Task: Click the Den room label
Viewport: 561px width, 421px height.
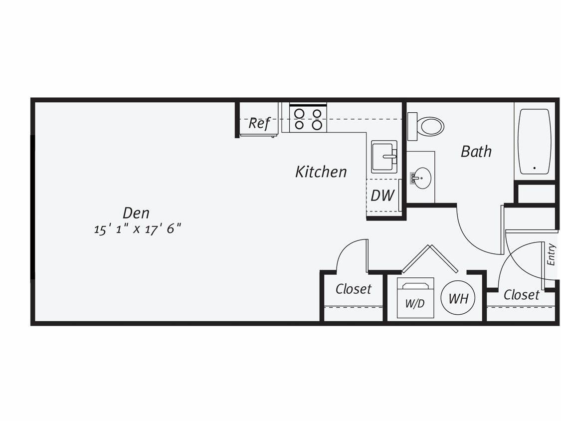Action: (x=136, y=213)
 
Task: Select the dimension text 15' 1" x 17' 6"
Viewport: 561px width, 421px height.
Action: (x=137, y=229)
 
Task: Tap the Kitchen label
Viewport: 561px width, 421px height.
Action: (x=321, y=172)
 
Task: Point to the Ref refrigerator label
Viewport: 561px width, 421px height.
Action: (x=259, y=123)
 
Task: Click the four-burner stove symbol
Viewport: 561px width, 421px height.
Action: (x=308, y=119)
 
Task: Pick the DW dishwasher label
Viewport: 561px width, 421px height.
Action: (x=382, y=196)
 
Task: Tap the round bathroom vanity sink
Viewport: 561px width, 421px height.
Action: (x=422, y=178)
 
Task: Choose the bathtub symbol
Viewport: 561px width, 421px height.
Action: (x=534, y=141)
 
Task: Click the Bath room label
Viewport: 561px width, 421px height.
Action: (x=476, y=151)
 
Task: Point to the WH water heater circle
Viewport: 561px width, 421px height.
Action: (x=458, y=298)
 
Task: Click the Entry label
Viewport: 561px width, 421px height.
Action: (x=551, y=254)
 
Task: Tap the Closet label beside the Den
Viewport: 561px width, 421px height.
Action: (x=353, y=289)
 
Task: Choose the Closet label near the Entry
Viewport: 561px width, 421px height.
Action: (x=521, y=295)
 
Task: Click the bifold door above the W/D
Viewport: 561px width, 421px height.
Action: (x=429, y=258)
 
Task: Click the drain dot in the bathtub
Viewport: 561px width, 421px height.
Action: (x=534, y=168)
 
